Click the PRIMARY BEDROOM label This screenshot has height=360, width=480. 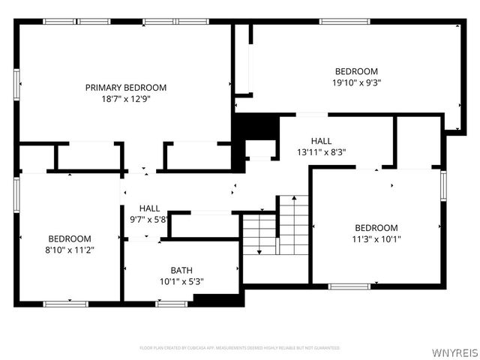125,88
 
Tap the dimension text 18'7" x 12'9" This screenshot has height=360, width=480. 125,99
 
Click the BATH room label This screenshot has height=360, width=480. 181,270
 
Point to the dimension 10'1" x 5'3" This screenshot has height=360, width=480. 181,282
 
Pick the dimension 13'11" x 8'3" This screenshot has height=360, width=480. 321,151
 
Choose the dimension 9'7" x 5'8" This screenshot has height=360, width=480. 148,220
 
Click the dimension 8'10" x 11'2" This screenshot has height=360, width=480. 70,250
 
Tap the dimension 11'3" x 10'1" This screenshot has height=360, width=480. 376,240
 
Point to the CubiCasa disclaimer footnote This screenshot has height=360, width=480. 240,348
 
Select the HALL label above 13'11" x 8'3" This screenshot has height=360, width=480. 321,140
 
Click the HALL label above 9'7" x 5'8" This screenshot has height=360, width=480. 148,208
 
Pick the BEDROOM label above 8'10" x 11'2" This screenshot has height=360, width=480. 70,238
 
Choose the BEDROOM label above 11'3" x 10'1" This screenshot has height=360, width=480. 376,228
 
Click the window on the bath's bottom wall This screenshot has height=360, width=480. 171,303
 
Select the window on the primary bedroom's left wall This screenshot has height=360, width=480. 16,82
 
